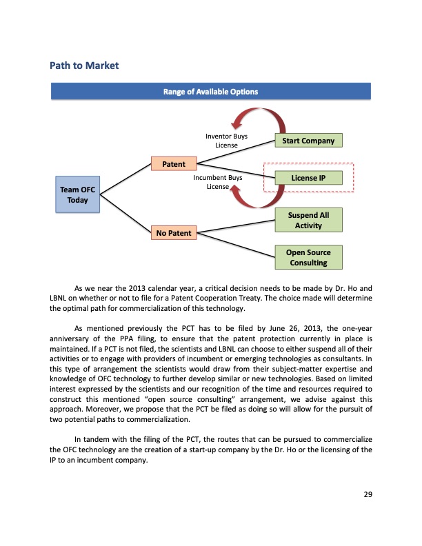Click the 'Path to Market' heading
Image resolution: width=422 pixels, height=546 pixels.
84,65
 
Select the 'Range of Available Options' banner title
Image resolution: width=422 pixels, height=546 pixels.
211,92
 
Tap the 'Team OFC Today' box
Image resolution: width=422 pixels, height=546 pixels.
78,194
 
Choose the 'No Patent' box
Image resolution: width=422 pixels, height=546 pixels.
174,234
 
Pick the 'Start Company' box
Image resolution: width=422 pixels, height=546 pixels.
308,141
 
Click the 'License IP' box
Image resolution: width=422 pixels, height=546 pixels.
308,179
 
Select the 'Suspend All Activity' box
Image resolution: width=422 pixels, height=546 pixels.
308,221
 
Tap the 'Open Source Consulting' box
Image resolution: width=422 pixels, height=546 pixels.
308,258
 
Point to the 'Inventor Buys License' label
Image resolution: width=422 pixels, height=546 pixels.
226,141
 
